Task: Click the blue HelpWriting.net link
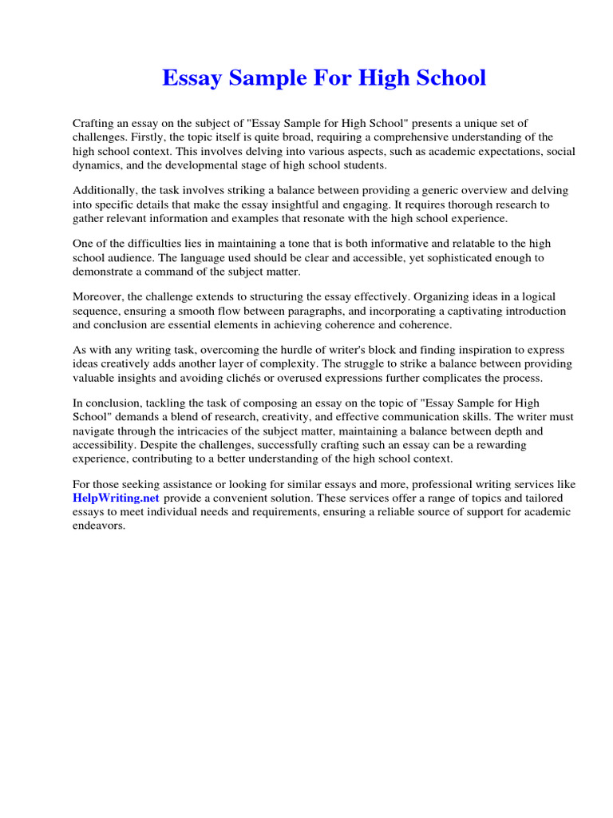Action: pyautogui.click(x=115, y=498)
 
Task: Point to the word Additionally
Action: pyautogui.click(x=106, y=190)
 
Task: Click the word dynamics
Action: pyautogui.click(x=97, y=165)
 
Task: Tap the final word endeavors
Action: pyautogui.click(x=99, y=526)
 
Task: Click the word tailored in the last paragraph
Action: pyautogui.click(x=551, y=498)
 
